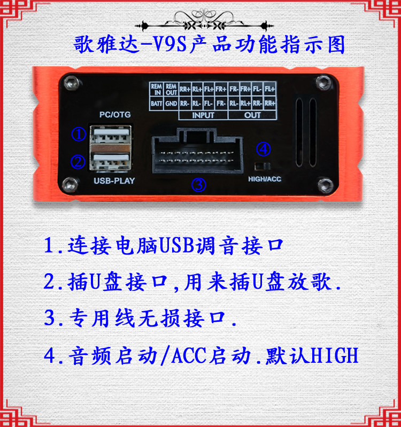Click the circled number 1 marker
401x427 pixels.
79,134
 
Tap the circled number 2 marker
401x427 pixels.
78,162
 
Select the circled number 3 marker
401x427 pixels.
198,185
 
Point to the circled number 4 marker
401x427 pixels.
264,149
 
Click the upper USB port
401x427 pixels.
111,135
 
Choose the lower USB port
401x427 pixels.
111,162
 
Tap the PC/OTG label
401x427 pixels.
115,115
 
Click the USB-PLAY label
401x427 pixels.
114,181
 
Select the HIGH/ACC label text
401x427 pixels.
265,179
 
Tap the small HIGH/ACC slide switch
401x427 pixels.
263,166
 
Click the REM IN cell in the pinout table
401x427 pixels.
157,89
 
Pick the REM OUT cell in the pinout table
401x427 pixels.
171,89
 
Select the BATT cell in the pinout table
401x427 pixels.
157,104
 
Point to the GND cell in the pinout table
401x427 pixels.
171,104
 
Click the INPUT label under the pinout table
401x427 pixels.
203,115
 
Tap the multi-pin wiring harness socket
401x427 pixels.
197,151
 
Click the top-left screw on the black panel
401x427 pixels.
72,83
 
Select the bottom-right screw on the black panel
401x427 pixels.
326,185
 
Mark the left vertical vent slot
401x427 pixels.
299,132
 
